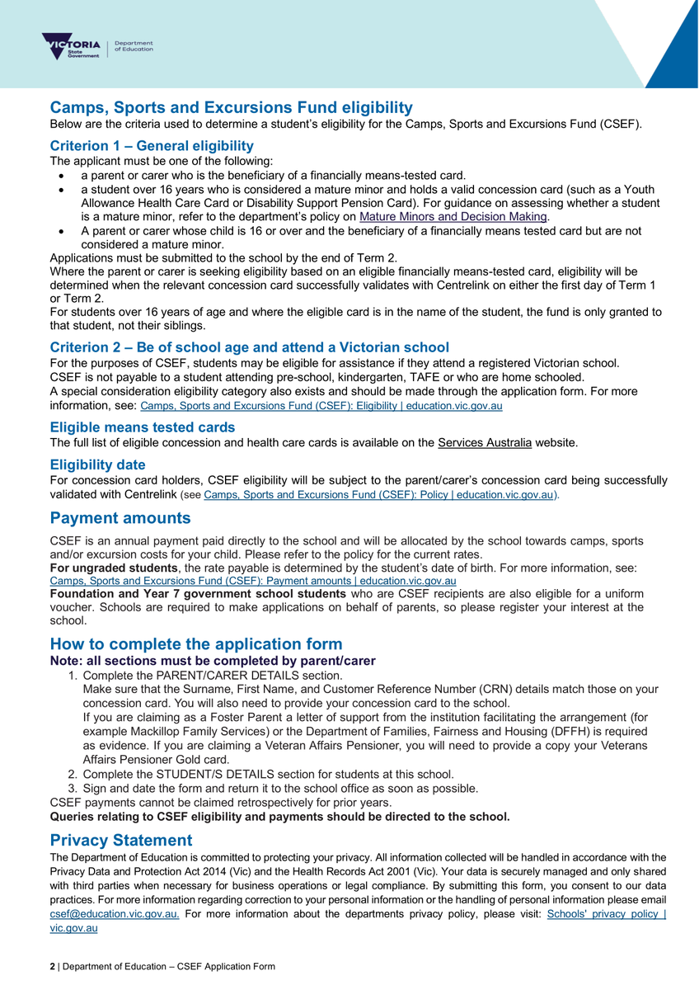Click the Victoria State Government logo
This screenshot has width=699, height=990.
72,46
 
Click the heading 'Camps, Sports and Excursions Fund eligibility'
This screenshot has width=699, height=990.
232,108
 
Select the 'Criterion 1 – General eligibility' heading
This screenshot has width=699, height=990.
152,145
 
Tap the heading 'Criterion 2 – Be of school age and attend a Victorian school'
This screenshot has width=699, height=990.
250,346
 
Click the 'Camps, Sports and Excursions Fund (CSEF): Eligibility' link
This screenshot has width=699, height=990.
321,407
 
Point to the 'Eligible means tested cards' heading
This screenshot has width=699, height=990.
143,427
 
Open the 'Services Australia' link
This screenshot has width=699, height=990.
485,443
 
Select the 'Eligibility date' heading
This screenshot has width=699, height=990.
98,464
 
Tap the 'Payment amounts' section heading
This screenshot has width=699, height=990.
120,519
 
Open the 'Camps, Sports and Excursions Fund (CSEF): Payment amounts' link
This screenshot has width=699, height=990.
253,581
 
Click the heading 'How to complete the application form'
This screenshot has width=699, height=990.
196,644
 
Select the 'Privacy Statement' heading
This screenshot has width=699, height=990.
121,841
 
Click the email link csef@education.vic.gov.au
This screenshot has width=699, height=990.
115,913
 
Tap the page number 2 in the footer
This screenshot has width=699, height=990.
53,966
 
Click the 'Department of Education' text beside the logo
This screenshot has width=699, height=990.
134,46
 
